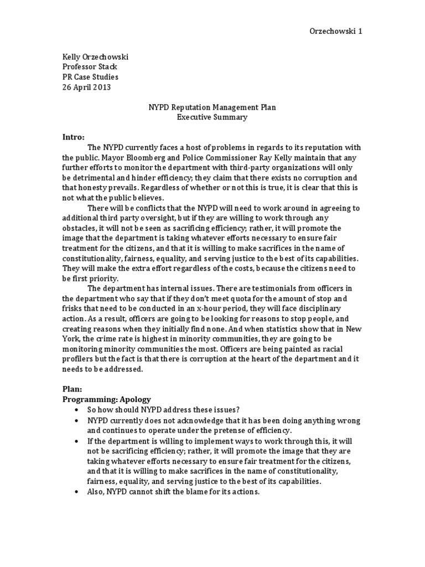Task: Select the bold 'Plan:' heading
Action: (72, 389)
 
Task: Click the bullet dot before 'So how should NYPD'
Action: (76, 410)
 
